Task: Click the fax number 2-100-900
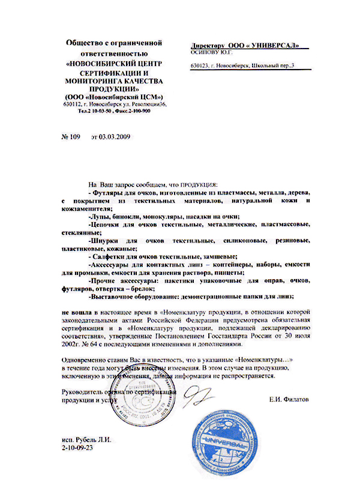[137, 110]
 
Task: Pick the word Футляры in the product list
[109, 191]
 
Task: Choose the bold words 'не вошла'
[77, 313]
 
